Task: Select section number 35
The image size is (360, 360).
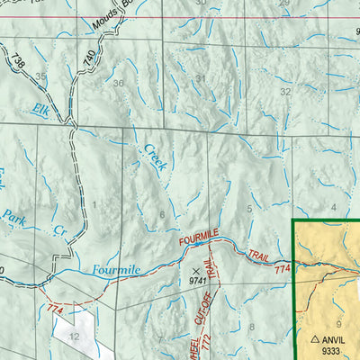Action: [x=42, y=78]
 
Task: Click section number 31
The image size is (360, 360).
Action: [x=200, y=78]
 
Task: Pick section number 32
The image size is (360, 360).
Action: [x=285, y=91]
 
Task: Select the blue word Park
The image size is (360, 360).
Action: [x=13, y=216]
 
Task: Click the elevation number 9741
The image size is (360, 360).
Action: [x=199, y=281]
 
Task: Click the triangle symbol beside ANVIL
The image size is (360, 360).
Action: [x=315, y=340]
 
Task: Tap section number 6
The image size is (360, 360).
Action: [x=162, y=214]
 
